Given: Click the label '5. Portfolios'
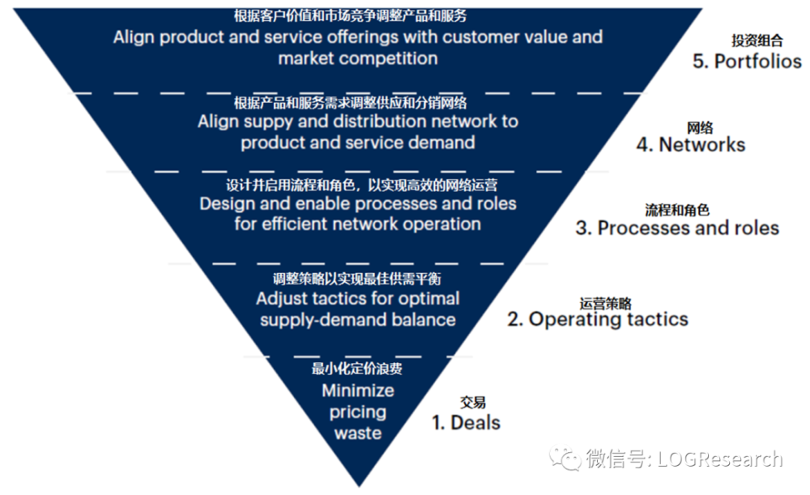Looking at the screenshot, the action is click(x=747, y=62).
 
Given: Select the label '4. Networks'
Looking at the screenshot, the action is click(x=691, y=145).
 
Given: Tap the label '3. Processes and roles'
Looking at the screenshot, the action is click(x=677, y=228).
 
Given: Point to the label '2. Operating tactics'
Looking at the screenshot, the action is click(x=598, y=319).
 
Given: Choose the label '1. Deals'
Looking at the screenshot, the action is click(x=466, y=423).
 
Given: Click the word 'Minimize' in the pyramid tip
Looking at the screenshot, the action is click(x=358, y=390).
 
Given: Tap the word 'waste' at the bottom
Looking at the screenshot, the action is click(x=358, y=433).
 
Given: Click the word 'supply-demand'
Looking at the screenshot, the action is click(x=323, y=320).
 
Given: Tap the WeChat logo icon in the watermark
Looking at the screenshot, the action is click(x=565, y=459).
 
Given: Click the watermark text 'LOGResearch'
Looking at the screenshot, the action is click(x=719, y=459).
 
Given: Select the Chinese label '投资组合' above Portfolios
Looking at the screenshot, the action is click(x=757, y=41).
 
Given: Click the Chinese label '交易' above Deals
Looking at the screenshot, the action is click(x=473, y=403).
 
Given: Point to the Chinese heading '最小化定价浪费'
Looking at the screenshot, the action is click(x=356, y=369).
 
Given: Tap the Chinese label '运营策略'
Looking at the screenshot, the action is click(x=605, y=303).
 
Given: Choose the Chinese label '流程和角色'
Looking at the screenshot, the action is click(x=677, y=210).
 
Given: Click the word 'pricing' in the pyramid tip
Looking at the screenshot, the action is click(x=358, y=412).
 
